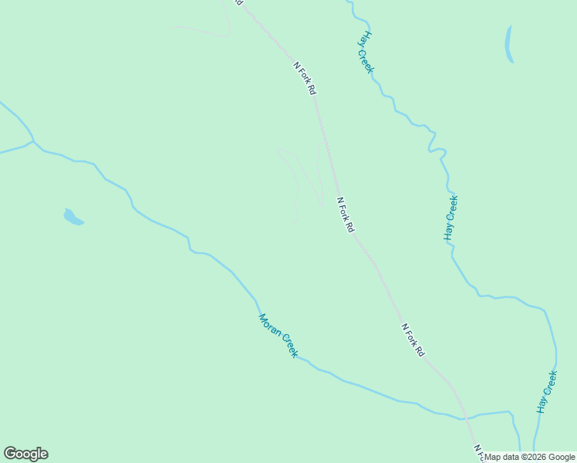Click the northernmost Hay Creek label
click(x=366, y=52)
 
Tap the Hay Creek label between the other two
click(x=451, y=218)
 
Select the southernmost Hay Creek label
click(x=547, y=392)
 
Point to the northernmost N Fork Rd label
click(x=305, y=78)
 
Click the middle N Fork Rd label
click(x=346, y=215)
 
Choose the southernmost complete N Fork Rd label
click(x=413, y=340)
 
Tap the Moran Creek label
click(x=278, y=335)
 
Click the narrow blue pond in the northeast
click(x=508, y=44)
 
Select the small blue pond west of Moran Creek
click(x=73, y=218)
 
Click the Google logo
click(x=25, y=454)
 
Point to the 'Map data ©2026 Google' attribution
click(x=530, y=457)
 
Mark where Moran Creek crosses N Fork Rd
click(x=464, y=419)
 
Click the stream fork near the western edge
click(x=32, y=142)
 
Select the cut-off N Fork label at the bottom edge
click(x=478, y=454)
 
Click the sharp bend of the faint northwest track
click(x=230, y=33)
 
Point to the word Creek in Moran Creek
click(x=288, y=346)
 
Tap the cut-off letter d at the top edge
click(x=239, y=3)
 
